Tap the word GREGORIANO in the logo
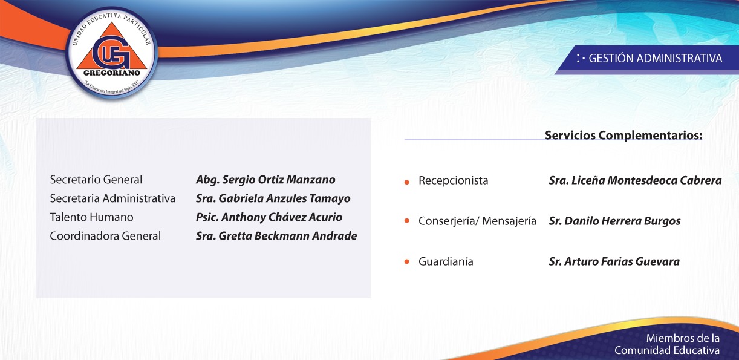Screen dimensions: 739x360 [111, 73]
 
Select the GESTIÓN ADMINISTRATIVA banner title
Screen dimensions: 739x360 [655, 59]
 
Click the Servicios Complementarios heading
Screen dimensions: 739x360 [623, 136]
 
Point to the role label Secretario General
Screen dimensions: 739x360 [96, 180]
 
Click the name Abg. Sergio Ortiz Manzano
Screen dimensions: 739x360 [265, 180]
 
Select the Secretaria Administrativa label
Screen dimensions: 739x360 [112, 198]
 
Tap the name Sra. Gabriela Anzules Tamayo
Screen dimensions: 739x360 [273, 198]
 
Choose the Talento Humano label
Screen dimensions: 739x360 [91, 217]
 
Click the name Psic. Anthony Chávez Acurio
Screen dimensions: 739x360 [269, 217]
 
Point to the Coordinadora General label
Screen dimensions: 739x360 [105, 236]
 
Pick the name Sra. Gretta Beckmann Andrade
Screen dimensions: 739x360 [276, 236]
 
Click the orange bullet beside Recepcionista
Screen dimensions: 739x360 [407, 182]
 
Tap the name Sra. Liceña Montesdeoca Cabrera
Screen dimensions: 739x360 [635, 180]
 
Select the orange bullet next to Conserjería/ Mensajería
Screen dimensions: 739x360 [407, 221]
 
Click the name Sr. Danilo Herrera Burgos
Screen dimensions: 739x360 [614, 221]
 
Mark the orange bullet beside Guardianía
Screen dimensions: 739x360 [407, 261]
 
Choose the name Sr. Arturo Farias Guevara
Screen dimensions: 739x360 [614, 261]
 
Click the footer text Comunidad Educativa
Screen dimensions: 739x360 [667, 350]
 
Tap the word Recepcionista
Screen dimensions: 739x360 [454, 181]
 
